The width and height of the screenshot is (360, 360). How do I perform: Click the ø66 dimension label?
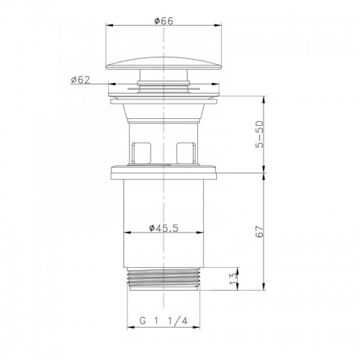click(163, 21)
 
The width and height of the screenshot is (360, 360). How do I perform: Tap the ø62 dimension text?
click(81, 80)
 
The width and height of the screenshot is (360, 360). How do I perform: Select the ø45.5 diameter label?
click(163, 228)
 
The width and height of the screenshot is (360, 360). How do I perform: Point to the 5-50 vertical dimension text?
click(260, 135)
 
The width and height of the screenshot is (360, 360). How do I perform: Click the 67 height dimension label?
click(260, 231)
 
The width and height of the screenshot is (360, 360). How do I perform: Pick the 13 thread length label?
click(234, 279)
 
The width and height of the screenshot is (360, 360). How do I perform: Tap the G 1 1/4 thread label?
click(163, 320)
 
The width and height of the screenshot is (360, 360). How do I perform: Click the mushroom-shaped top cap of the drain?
click(163, 64)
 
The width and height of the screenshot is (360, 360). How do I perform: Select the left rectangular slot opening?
click(142, 153)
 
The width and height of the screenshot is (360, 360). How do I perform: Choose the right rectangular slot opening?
click(186, 153)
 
